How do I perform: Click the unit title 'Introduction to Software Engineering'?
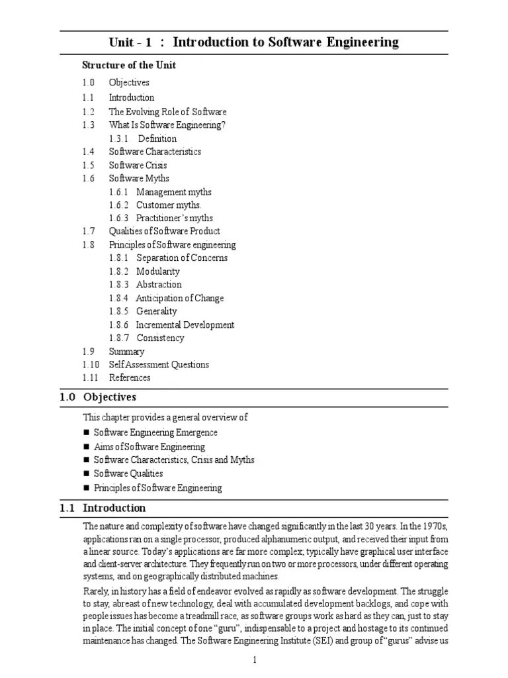[x=285, y=43]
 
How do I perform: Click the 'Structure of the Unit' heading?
[x=128, y=65]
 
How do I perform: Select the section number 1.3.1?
[x=119, y=138]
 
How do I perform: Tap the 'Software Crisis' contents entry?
[x=138, y=165]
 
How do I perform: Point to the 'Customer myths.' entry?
[x=169, y=205]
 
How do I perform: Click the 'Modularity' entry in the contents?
[x=157, y=271]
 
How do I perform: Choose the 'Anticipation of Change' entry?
[x=179, y=298]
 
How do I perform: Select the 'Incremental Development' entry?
[x=185, y=324]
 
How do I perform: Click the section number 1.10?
[x=91, y=364]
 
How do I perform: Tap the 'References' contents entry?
[x=130, y=377]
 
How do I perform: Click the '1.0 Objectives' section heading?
[x=98, y=397]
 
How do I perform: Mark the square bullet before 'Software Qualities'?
[x=86, y=474]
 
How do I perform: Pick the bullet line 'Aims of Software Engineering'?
[x=149, y=447]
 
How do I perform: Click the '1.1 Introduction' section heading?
[x=103, y=508]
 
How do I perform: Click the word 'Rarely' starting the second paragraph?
[x=95, y=589]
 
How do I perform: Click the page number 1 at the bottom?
[x=254, y=660]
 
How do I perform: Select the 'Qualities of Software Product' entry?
[x=164, y=231]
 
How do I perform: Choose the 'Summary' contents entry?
[x=126, y=352]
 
